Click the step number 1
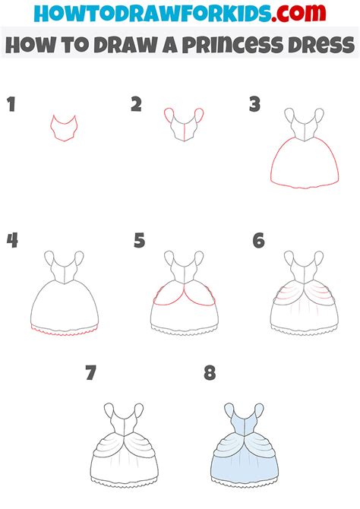tap(11, 104)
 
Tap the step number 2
tap(137, 104)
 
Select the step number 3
tap(255, 104)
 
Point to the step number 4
tap(12, 240)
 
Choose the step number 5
tap(139, 240)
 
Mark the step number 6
tap(258, 240)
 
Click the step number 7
tap(91, 373)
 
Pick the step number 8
tap(210, 373)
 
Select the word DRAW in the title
tap(125, 45)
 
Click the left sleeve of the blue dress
tap(229, 410)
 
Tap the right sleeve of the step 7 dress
tap(139, 410)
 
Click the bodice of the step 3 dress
tap(304, 128)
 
